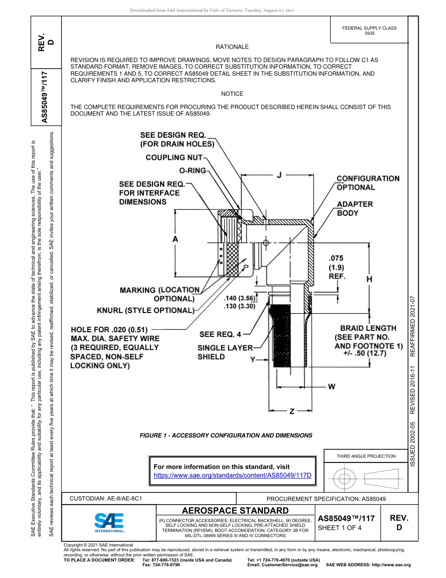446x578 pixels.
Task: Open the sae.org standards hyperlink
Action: point(233,475)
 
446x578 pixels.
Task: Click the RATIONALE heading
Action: point(232,47)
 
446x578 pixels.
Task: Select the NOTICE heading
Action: point(232,94)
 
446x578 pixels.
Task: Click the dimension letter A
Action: point(175,239)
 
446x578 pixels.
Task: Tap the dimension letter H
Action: point(369,279)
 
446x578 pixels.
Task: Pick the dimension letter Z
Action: point(292,412)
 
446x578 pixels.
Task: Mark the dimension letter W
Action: point(331,387)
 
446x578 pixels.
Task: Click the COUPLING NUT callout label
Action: point(174,157)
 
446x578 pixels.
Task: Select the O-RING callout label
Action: point(192,170)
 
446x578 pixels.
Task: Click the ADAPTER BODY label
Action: point(355,209)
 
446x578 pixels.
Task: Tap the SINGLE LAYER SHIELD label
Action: point(224,352)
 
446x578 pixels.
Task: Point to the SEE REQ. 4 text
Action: point(220,335)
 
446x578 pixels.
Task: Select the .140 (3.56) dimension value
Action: point(239,298)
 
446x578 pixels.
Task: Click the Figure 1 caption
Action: point(226,436)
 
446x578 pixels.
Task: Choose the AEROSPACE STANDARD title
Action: point(235,510)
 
